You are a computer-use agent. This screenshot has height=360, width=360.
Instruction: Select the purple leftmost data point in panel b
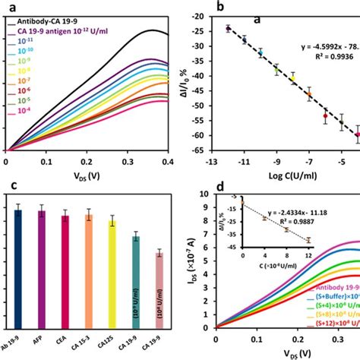228,28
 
